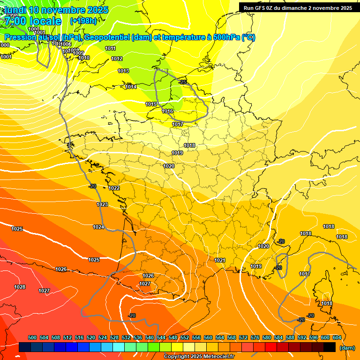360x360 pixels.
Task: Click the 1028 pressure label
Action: pyautogui.click(x=20, y=287)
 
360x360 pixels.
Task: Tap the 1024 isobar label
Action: pyautogui.click(x=98, y=227)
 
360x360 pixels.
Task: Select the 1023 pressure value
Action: pyautogui.click(x=102, y=204)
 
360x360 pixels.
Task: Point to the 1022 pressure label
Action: pyautogui.click(x=114, y=188)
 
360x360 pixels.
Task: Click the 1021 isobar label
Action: pyautogui.click(x=220, y=260)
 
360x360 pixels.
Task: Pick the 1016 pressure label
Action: pyautogui.click(x=167, y=111)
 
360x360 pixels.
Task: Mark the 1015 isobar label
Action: pyautogui.click(x=151, y=104)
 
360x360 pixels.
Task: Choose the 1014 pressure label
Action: pyautogui.click(x=131, y=87)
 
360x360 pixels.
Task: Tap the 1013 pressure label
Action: pyautogui.click(x=123, y=71)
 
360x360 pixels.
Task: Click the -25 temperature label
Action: pyautogui.click(x=183, y=82)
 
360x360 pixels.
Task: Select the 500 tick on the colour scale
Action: pyautogui.click(x=32, y=337)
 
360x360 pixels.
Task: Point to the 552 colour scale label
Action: pyautogui.click(x=185, y=337)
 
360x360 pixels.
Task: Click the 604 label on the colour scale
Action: pyautogui.click(x=337, y=337)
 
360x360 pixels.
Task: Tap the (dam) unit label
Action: pyautogui.click(x=347, y=348)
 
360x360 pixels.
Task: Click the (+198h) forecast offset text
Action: pyautogui.click(x=83, y=21)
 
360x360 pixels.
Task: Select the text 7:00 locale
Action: pyautogui.click(x=32, y=21)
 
